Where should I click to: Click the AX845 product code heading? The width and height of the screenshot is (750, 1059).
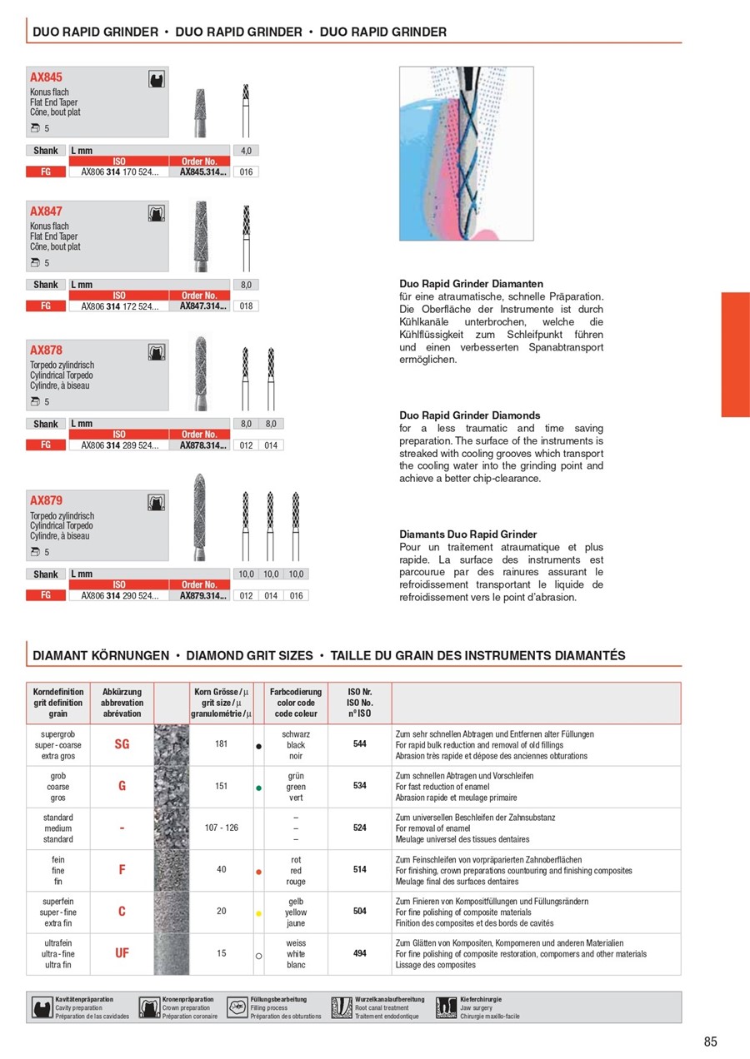coord(46,77)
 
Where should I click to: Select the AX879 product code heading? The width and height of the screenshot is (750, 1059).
coord(46,501)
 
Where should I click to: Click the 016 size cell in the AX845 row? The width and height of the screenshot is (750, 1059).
coord(247,172)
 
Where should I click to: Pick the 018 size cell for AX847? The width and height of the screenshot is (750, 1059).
coord(247,306)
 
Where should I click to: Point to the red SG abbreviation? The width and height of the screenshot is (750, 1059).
coord(122,744)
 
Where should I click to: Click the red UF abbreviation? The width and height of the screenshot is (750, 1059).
coord(122,953)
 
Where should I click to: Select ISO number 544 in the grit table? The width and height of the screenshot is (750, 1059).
coord(360,744)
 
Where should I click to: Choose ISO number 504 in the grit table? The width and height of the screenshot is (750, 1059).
coord(360,912)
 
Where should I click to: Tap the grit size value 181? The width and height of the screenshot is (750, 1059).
coord(222,744)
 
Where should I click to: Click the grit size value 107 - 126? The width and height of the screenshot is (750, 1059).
coord(222,828)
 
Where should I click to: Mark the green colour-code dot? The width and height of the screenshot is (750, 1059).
coord(259,788)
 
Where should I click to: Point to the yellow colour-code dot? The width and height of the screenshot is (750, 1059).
coord(259,913)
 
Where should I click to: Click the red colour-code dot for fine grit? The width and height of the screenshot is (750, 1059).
coord(259,872)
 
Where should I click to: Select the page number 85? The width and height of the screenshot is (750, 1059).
coord(710,1042)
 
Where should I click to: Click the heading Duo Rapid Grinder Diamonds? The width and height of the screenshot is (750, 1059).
coord(470,415)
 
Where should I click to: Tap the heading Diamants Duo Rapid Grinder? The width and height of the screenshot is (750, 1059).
coord(468,534)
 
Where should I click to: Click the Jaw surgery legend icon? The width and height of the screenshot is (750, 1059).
coord(446,1007)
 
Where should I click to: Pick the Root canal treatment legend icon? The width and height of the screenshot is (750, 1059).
coord(342,1007)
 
